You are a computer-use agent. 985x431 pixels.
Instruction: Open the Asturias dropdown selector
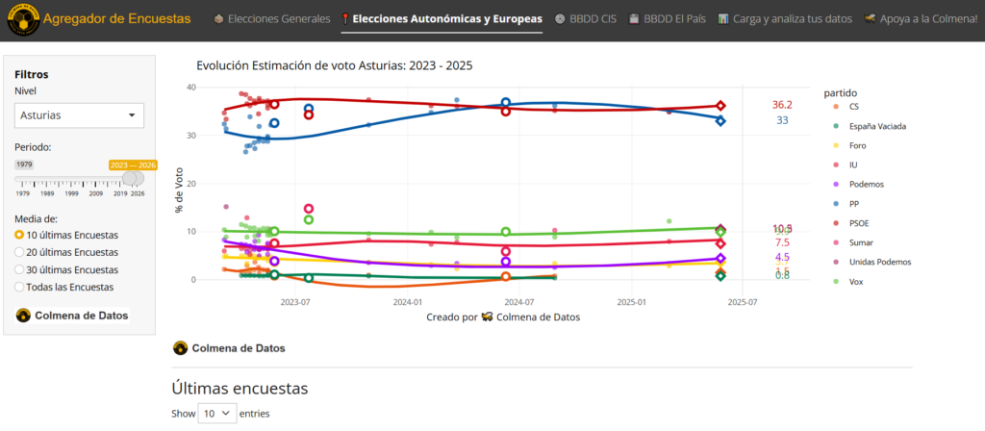pos(80,115)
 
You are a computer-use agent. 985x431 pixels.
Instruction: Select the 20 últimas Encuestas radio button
pos(20,252)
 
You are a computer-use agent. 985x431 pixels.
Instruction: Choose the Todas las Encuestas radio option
pos(20,287)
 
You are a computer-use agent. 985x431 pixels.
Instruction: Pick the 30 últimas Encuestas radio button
pos(20,269)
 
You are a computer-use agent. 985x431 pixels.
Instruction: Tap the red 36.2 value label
pos(781,105)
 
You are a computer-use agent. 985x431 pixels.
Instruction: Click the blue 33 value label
pos(782,120)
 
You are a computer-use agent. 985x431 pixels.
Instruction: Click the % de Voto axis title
pos(178,191)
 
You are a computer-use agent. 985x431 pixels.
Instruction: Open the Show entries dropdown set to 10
pos(216,413)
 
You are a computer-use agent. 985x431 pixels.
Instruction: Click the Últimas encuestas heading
pos(240,388)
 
